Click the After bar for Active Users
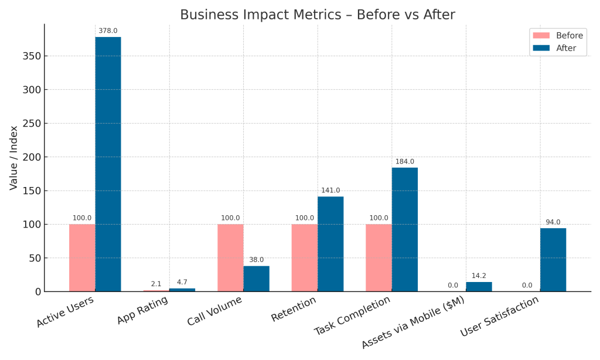click(108, 164)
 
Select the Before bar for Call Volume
click(230, 257)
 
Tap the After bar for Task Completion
click(404, 229)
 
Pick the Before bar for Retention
click(304, 257)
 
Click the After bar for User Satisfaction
click(553, 260)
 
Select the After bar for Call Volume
click(256, 279)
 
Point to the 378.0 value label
click(108, 30)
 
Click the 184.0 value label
click(404, 161)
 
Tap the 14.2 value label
click(479, 276)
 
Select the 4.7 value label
click(182, 282)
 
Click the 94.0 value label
click(553, 222)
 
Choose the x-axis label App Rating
click(142, 311)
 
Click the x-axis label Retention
click(293, 309)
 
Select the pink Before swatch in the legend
click(542, 35)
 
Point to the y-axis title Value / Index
click(13, 158)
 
